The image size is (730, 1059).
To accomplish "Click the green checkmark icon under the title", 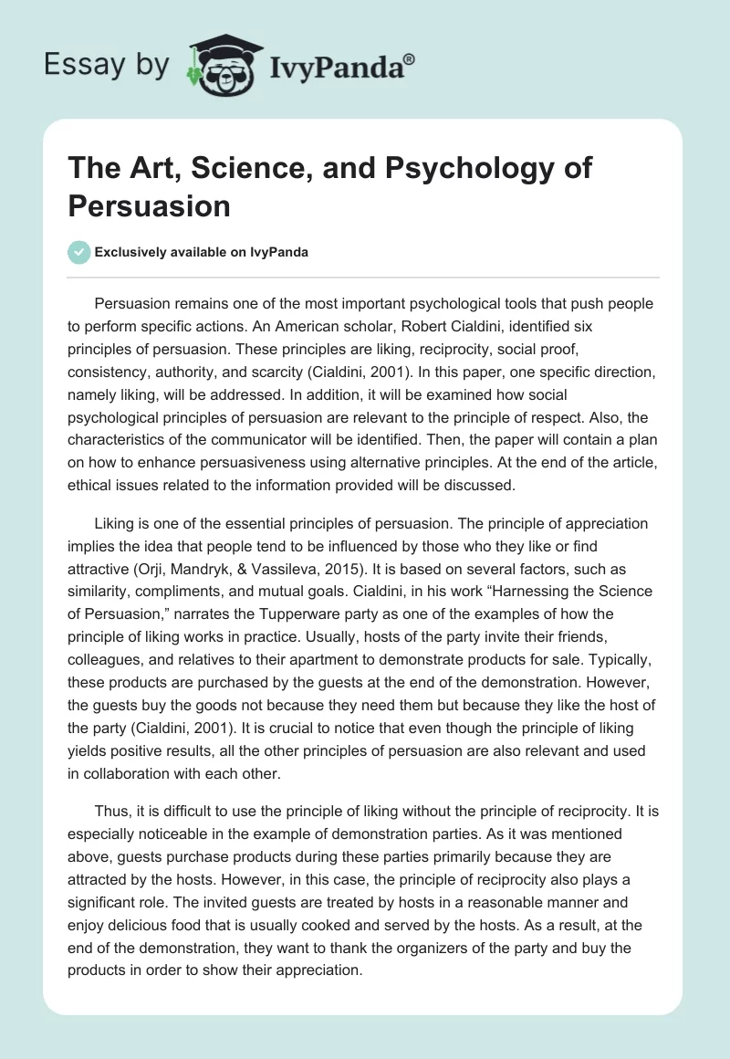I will [79, 252].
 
